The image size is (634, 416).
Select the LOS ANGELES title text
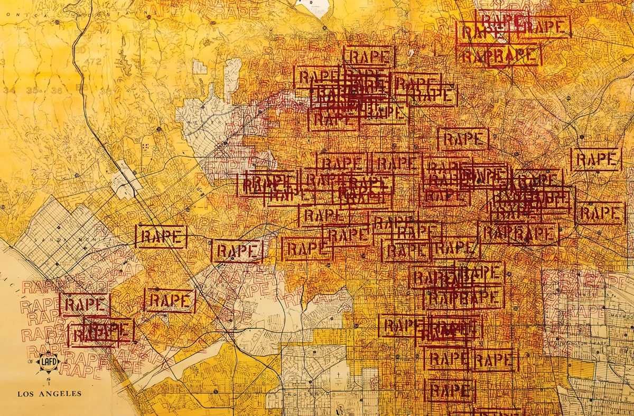pos(50,393)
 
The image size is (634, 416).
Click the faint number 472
pos(95,62)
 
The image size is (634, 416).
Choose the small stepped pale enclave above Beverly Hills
pos(232,79)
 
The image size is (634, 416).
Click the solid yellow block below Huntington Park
pos(581,370)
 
